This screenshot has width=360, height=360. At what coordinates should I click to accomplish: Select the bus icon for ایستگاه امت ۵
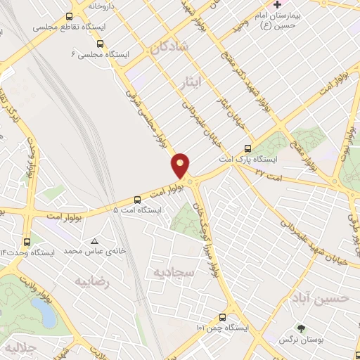pyautogui.click(x=117, y=200)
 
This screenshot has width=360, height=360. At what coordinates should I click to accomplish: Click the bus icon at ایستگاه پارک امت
pyautogui.click(x=247, y=148)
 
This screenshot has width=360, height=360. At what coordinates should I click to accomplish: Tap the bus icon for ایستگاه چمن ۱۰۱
pyautogui.click(x=222, y=316)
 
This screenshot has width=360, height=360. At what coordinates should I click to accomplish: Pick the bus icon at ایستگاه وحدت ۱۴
pyautogui.click(x=27, y=241)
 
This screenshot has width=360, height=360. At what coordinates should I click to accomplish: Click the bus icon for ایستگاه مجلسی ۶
pyautogui.click(x=100, y=44)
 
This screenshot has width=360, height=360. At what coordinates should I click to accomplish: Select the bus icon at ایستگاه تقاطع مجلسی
pyautogui.click(x=68, y=17)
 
